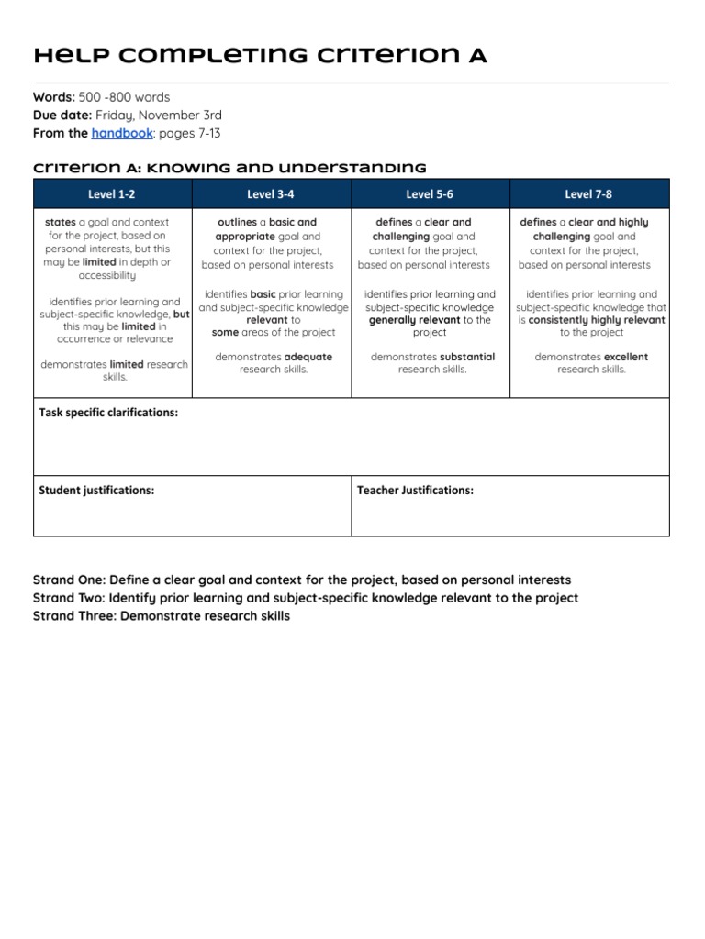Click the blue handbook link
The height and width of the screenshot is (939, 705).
click(121, 133)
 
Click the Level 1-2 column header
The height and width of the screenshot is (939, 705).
click(112, 193)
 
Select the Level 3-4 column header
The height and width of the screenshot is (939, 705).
click(271, 193)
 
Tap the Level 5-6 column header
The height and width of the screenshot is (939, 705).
click(430, 193)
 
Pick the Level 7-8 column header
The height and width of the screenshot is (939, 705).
click(589, 193)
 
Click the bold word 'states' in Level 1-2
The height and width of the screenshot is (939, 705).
click(61, 223)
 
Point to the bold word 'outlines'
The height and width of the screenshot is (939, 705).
click(238, 223)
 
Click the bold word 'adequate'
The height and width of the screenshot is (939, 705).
click(308, 357)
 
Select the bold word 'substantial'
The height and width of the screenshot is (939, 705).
click(467, 357)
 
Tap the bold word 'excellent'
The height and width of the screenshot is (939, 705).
click(626, 357)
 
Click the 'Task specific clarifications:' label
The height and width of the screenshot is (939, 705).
click(108, 413)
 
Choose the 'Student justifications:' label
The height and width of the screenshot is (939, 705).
click(96, 491)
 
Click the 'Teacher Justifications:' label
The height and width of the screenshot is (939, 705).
click(415, 491)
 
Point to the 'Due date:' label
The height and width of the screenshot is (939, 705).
click(62, 115)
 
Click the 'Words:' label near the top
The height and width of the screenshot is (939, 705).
click(53, 96)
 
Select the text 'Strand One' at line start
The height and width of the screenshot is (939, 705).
click(68, 580)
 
